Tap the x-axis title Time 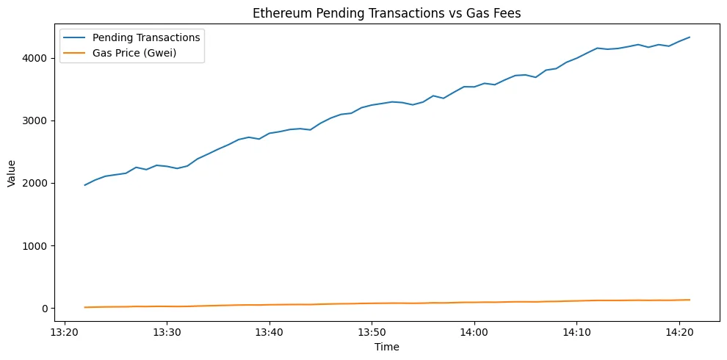(387, 347)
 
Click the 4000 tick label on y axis (35, 58)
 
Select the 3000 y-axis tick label (35, 120)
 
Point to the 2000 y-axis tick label (35, 183)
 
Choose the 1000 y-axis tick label (35, 245)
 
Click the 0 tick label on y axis (44, 309)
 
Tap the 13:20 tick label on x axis (65, 331)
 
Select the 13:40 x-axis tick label (270, 331)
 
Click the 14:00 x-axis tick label (474, 331)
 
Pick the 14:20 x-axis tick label (679, 331)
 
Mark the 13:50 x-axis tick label (372, 331)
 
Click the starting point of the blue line (85, 185)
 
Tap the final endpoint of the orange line (689, 300)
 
